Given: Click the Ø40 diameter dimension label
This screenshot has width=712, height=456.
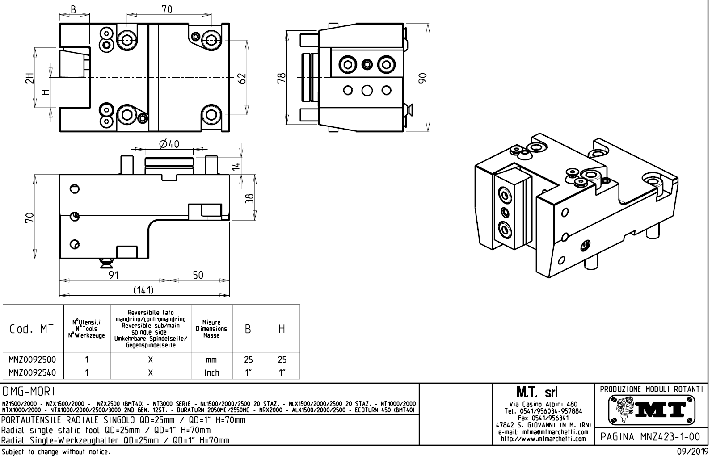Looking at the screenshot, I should pos(169,144).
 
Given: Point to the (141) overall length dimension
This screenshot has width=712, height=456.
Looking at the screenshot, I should pos(144,290).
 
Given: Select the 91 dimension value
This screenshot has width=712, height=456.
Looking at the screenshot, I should pos(114,275).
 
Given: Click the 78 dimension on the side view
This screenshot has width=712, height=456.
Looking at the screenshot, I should pos(281,79).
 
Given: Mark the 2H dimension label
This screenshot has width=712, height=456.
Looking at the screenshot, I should pos(29,78).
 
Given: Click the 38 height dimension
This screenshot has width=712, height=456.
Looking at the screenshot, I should pos(250,197).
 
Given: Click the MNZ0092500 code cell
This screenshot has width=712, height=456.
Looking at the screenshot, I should pos(33,360).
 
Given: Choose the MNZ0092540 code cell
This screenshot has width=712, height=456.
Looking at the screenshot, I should pos(33,372).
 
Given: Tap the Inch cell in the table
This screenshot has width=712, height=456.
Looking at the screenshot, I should pos(211,372).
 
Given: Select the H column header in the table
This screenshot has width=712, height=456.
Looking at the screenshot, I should pos(282,329).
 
